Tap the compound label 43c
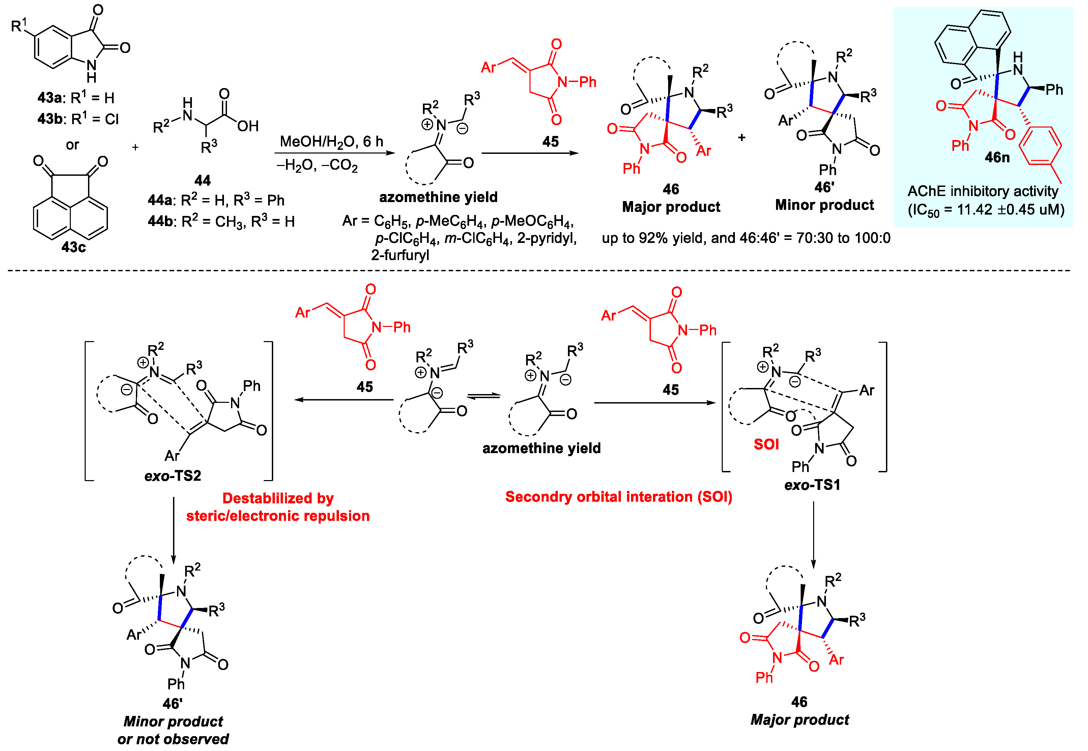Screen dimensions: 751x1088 (74, 247)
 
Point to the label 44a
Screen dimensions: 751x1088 (160, 200)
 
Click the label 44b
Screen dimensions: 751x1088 (160, 221)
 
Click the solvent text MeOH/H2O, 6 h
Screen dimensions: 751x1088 (331, 141)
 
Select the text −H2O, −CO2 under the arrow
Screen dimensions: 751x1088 (317, 166)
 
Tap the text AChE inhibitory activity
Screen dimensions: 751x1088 (983, 191)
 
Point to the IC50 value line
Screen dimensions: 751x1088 (986, 210)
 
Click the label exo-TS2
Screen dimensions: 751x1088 (173, 476)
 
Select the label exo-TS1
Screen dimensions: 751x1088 (812, 485)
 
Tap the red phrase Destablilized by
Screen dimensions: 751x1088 (278, 498)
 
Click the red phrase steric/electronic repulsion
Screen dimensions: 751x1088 (278, 516)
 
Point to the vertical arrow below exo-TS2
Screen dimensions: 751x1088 (174, 529)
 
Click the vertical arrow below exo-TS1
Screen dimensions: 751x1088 (813, 534)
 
